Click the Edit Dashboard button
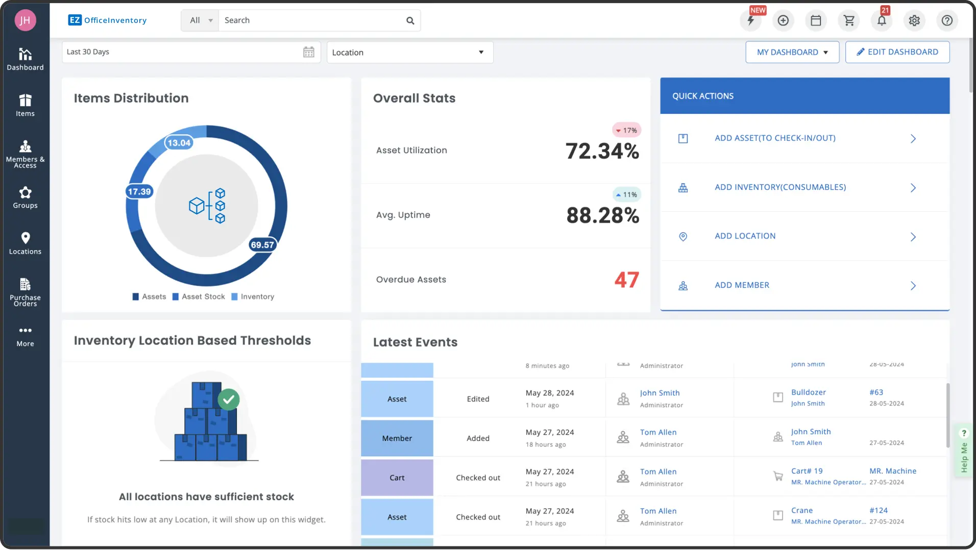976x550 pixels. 897,52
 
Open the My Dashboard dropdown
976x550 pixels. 792,52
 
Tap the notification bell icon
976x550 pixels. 881,20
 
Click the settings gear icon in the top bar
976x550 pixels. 914,20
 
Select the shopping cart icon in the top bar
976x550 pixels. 849,20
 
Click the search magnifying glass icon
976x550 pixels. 410,20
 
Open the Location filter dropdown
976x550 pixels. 409,52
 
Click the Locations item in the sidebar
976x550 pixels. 25,243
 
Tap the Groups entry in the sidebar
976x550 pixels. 25,197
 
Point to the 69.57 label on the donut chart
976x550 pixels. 262,245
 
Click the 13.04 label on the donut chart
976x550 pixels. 179,143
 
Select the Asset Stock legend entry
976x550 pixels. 199,296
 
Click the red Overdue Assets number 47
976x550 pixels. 626,280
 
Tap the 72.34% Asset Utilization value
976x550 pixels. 602,151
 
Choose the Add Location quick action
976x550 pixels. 745,236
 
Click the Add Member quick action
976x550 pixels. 742,285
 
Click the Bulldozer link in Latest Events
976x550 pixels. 808,392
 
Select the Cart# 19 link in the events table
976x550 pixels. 807,471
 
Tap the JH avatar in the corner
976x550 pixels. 25,20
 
